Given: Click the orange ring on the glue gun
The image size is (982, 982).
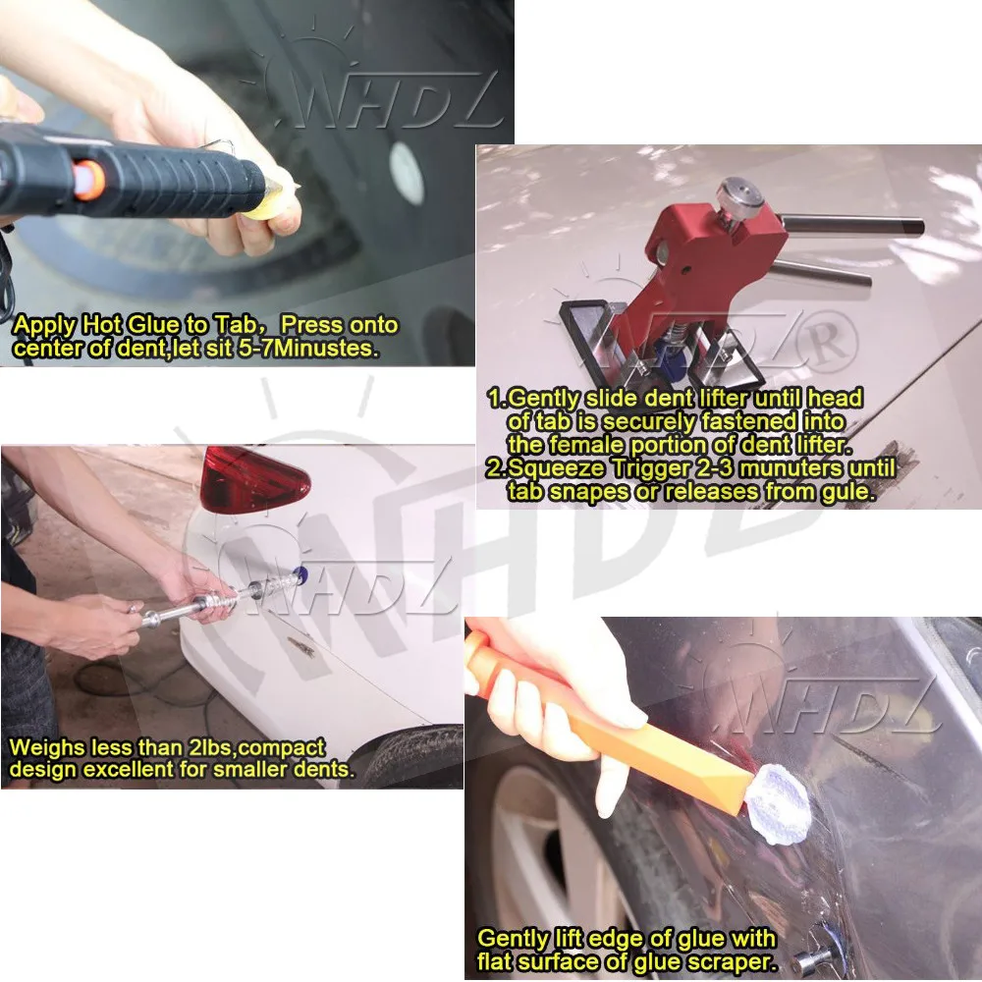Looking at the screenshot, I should point(88,180).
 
